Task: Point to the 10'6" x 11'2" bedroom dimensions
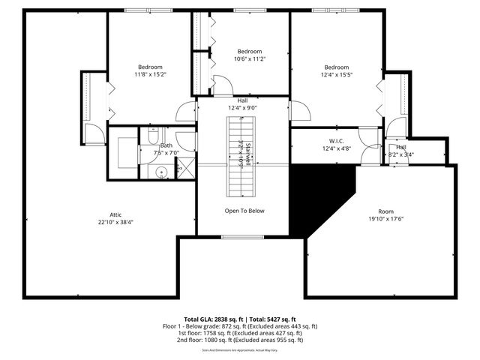(x=250, y=58)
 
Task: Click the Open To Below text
(x=244, y=211)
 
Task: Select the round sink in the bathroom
(x=161, y=172)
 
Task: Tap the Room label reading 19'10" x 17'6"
(x=385, y=216)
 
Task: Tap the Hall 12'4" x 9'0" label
(x=242, y=105)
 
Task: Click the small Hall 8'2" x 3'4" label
(x=401, y=151)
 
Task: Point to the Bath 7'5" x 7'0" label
(x=166, y=149)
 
